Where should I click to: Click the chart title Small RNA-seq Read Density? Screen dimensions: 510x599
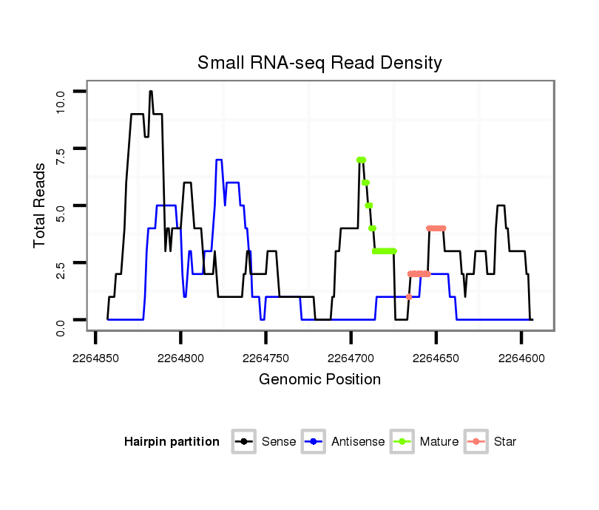[x=319, y=63]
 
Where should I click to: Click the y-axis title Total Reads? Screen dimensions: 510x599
[x=41, y=205]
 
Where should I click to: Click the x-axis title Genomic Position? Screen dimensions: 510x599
[x=319, y=380]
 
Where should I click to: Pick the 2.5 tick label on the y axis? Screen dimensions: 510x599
[x=61, y=270]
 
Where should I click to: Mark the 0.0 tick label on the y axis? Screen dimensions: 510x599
[x=61, y=327]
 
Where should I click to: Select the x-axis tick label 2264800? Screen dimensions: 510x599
[x=181, y=358]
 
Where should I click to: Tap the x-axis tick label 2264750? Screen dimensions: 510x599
[x=266, y=358]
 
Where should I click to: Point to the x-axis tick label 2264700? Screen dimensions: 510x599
[x=351, y=358]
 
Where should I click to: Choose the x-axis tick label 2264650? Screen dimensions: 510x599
[x=436, y=358]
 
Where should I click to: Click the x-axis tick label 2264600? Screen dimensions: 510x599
[x=521, y=358]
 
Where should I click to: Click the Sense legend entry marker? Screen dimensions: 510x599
[x=243, y=442]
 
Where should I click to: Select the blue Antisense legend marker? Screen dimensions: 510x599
[x=314, y=442]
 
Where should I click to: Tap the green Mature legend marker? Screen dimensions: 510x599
[x=402, y=442]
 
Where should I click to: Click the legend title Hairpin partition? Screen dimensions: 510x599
[x=172, y=442]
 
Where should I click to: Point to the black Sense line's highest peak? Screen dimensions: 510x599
[x=150, y=92]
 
